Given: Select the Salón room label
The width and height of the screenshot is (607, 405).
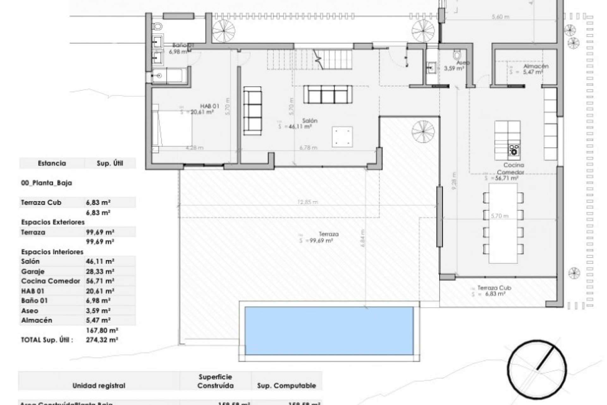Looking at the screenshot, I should click(310, 121).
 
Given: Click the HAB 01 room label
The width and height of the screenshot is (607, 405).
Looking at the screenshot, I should click(209, 106).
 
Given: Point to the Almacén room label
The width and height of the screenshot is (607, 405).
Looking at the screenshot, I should click(536, 66).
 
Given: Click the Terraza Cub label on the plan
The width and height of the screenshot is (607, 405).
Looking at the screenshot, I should click(494, 288).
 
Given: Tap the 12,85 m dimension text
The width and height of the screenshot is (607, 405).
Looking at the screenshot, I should click(308, 202).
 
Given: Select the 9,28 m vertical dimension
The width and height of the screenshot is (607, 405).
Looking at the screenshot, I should click(454, 181).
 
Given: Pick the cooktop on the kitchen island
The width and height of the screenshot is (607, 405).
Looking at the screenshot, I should click(514, 151).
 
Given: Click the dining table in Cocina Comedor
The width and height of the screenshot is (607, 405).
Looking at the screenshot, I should click(503, 223).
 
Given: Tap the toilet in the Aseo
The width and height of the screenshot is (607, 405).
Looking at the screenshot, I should click(457, 55).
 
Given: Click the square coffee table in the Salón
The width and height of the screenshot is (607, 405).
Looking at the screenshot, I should click(342, 137).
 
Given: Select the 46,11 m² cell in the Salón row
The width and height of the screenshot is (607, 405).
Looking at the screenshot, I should click(100, 261).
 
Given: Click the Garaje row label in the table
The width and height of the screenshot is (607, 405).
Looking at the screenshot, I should click(33, 271).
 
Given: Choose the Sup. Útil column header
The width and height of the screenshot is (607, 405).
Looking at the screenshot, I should click(110, 164).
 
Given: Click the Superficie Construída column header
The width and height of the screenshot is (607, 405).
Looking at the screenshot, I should click(215, 381).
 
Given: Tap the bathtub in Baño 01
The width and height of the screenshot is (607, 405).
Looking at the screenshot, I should click(168, 75).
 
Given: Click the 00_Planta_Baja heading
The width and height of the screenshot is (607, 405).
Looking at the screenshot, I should click(46, 183).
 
